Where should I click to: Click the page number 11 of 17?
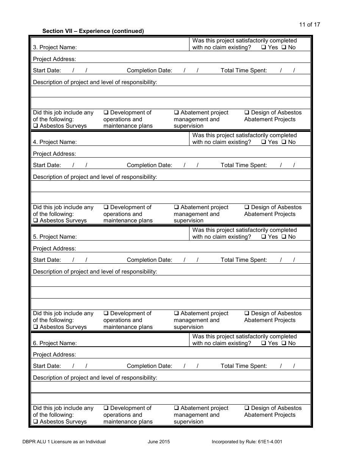click(309, 25)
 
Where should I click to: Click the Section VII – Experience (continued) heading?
click(93, 31)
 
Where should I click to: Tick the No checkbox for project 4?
click(284, 142)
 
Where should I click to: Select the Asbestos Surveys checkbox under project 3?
click(35, 126)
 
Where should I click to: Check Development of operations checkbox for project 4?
click(106, 207)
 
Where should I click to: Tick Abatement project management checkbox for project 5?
click(177, 313)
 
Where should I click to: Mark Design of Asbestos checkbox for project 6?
click(247, 408)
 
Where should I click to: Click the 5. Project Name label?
click(55, 237)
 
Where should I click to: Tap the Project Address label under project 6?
click(54, 355)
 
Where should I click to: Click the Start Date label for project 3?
click(47, 70)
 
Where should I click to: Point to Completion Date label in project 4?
click(149, 165)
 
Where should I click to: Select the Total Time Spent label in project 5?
click(244, 260)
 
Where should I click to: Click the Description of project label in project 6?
click(95, 378)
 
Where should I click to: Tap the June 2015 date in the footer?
click(159, 441)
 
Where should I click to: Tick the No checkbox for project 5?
click(284, 237)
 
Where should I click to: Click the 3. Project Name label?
click(55, 47)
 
